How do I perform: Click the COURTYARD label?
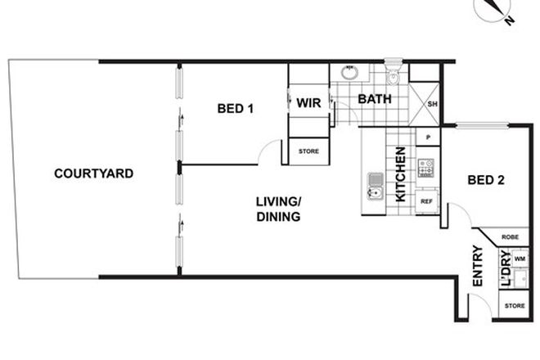(93, 173)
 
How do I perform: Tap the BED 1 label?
(235, 108)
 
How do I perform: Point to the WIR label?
(308, 103)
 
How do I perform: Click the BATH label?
(373, 100)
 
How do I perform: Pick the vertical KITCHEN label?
(401, 174)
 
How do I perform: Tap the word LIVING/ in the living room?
(278, 202)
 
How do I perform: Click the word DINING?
(277, 217)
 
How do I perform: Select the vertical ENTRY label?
(479, 267)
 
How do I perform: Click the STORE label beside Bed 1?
(308, 151)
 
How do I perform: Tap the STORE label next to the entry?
(514, 306)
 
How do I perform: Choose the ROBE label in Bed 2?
(511, 236)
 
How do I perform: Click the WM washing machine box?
(520, 259)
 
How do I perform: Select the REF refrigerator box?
(426, 200)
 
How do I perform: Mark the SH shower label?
(432, 104)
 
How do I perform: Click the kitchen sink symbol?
(376, 187)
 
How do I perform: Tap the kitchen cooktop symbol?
(426, 168)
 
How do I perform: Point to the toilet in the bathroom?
(394, 76)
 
